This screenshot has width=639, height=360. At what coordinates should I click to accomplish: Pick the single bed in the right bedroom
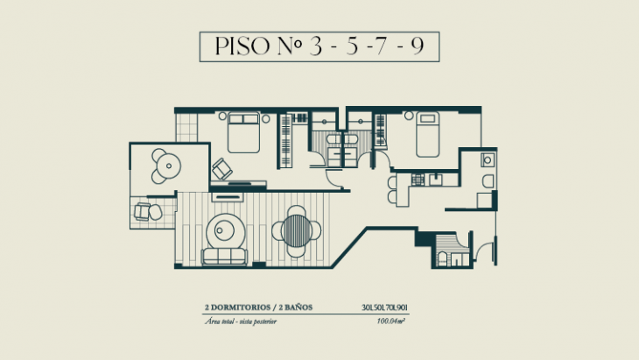point(427,136)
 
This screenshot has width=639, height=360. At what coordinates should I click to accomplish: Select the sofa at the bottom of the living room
point(223,257)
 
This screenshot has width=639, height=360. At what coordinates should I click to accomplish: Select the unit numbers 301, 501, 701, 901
point(385,307)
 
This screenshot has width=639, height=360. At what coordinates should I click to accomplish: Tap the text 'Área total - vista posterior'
point(244,321)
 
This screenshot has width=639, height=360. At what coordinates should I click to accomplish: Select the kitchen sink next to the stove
point(436,180)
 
